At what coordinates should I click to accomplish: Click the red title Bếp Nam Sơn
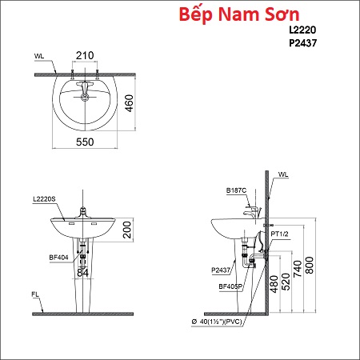coord(239,14)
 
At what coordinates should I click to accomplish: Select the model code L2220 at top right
coord(302,30)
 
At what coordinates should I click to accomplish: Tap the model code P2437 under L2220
coord(303,43)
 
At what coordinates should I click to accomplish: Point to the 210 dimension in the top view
coord(85,55)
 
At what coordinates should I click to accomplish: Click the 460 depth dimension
coord(129,103)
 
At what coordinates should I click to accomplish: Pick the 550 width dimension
coord(85,142)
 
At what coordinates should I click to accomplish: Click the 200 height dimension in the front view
coord(127,230)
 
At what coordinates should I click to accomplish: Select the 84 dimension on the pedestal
coord(82,273)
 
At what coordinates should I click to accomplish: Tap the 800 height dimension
coord(310,265)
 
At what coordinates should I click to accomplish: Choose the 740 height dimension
coord(298,269)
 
